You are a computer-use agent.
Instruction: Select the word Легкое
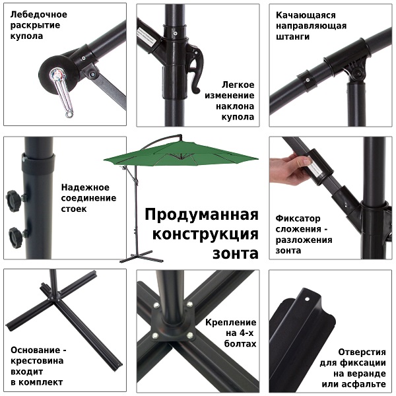tap(238, 85)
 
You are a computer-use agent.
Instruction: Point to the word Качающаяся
tap(306, 14)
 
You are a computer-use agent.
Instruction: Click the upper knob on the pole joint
tap(13, 199)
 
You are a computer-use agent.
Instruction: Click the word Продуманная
tap(201, 216)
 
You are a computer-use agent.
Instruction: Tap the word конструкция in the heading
tap(205, 235)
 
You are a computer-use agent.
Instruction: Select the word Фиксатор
tap(298, 217)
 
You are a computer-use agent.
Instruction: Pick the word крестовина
tap(38, 360)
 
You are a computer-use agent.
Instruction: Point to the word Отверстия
tap(362, 352)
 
